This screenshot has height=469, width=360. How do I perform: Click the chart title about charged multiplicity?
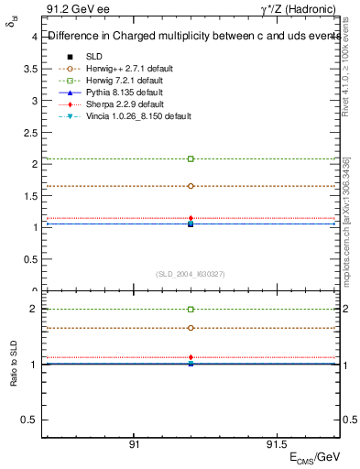188,37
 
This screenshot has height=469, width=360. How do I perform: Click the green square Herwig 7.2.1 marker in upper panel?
191,158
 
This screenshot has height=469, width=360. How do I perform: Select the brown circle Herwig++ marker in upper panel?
191,186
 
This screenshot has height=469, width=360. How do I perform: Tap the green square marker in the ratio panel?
191,310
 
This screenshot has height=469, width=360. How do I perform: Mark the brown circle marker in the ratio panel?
191,327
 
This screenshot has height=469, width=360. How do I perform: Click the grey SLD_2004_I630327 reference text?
191,274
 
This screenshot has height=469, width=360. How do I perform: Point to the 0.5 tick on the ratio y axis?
30,420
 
